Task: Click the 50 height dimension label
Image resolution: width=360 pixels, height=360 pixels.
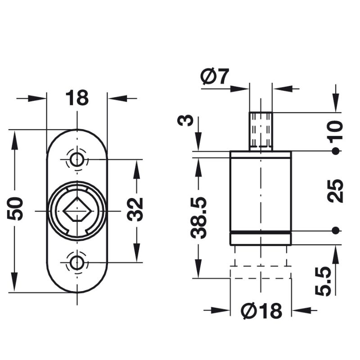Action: pos(16,208)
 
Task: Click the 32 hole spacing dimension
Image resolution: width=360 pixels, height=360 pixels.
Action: pos(135,209)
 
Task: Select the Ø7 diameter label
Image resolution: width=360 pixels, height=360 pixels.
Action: pos(215,77)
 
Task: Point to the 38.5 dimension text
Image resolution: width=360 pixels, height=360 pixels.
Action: pos(198,217)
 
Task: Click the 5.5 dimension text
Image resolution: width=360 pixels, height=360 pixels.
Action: pos(323,281)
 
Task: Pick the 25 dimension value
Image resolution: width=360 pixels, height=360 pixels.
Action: pos(336,191)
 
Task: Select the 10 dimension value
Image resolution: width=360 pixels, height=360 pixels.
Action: pos(336,130)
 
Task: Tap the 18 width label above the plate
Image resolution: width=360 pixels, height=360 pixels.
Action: pos(77,98)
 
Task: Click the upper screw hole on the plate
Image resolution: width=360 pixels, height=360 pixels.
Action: pos(77,159)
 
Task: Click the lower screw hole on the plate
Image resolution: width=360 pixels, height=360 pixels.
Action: pos(77,262)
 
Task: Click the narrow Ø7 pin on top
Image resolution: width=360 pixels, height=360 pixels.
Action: pos(261,130)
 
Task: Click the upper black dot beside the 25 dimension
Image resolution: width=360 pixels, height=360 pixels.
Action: pos(335,151)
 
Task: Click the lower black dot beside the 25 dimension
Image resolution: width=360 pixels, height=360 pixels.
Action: pos(335,230)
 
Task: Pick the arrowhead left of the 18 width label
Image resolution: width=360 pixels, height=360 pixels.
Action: pos(38,98)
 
